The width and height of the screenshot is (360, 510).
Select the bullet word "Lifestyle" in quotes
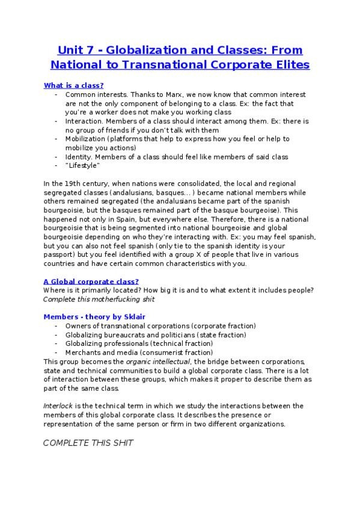coord(82,165)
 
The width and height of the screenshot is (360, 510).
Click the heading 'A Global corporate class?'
coord(91,281)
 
